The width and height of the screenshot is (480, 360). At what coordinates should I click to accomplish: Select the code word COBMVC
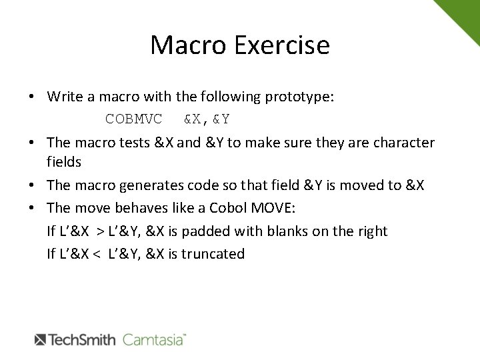pyautogui.click(x=133, y=119)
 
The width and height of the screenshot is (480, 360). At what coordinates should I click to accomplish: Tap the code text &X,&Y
pyautogui.click(x=207, y=119)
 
